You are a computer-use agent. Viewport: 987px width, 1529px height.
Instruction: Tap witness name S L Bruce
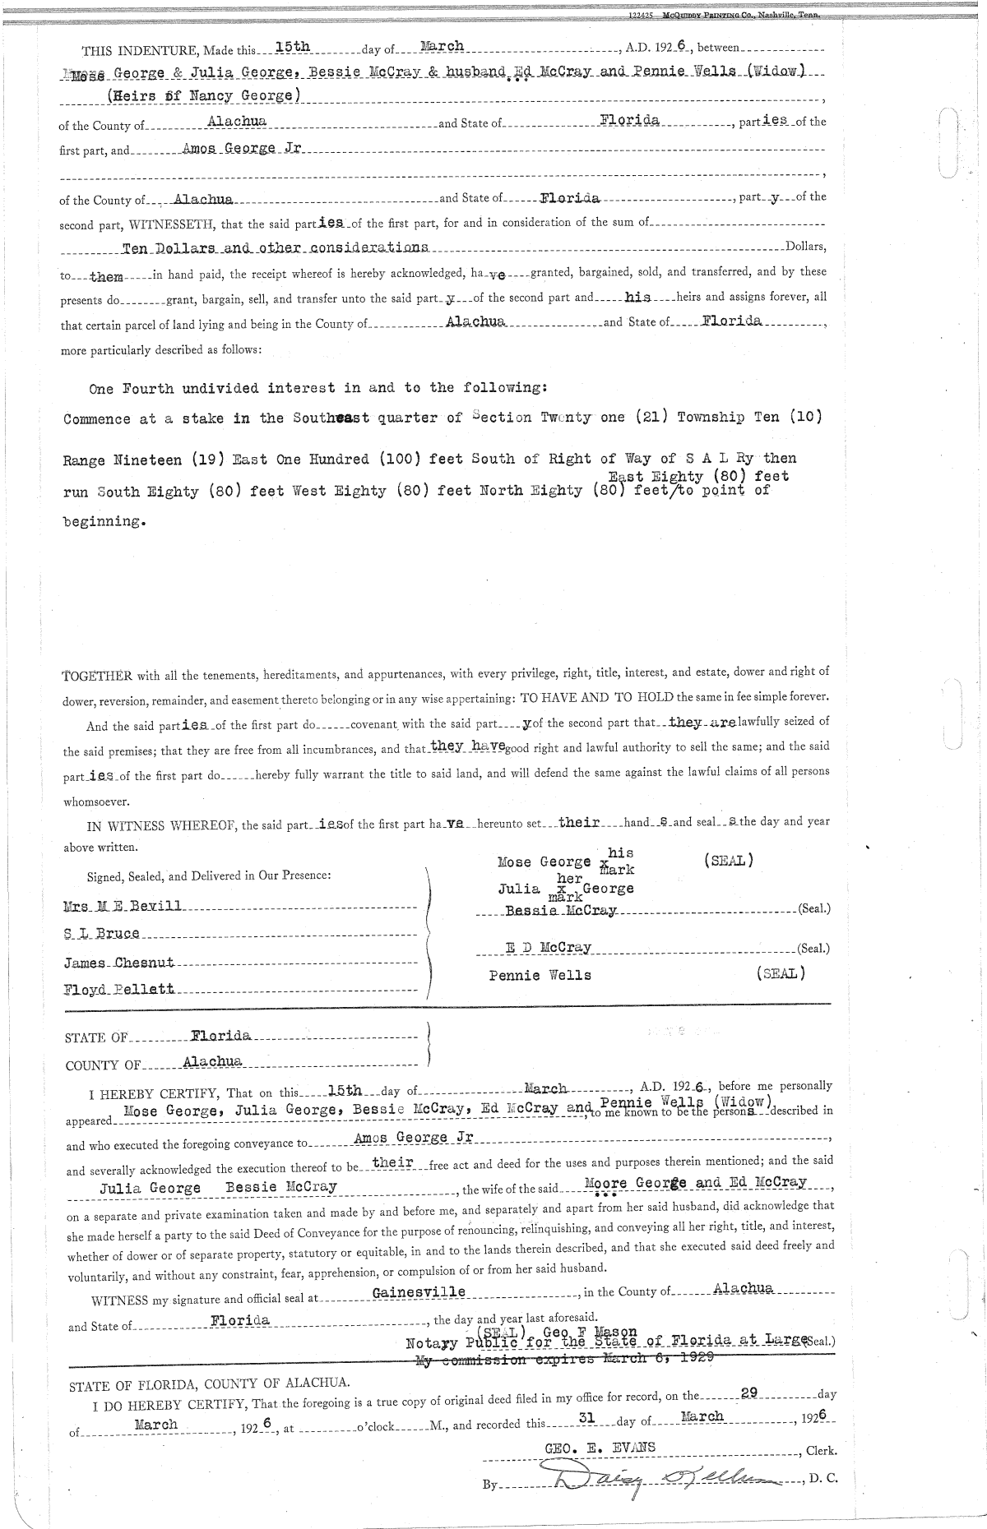click(102, 934)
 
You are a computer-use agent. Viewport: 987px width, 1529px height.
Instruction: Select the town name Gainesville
click(419, 1291)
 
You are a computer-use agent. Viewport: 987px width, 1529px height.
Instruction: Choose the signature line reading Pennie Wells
click(540, 975)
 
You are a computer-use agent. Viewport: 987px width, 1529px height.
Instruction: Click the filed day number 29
click(748, 1393)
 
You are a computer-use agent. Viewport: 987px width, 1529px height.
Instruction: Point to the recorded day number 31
click(586, 1418)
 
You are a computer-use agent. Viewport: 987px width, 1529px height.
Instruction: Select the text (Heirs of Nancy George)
click(204, 95)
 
